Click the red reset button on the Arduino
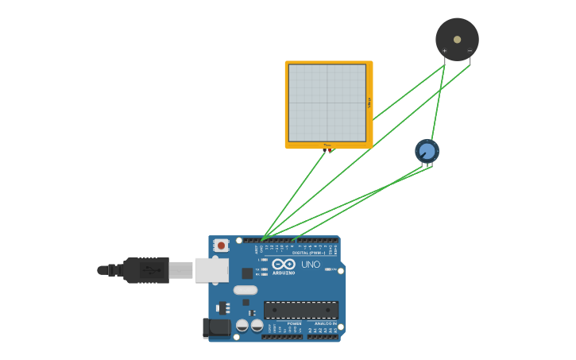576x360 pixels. click(221, 246)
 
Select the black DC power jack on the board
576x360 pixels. click(215, 327)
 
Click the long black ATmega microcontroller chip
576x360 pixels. click(301, 310)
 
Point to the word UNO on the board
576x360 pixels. click(311, 265)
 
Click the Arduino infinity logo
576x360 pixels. click(284, 264)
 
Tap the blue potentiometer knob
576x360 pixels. click(427, 150)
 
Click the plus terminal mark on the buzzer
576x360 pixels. click(444, 51)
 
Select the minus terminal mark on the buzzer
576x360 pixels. click(470, 51)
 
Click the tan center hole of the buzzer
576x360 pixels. click(457, 38)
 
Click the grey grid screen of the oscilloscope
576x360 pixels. click(327, 103)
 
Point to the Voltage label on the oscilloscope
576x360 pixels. click(369, 103)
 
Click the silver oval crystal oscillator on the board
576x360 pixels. click(245, 290)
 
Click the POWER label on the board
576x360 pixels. click(294, 323)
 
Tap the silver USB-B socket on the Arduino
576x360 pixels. click(211, 270)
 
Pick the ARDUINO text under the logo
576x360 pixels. click(284, 273)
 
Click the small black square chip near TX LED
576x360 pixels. click(247, 273)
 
